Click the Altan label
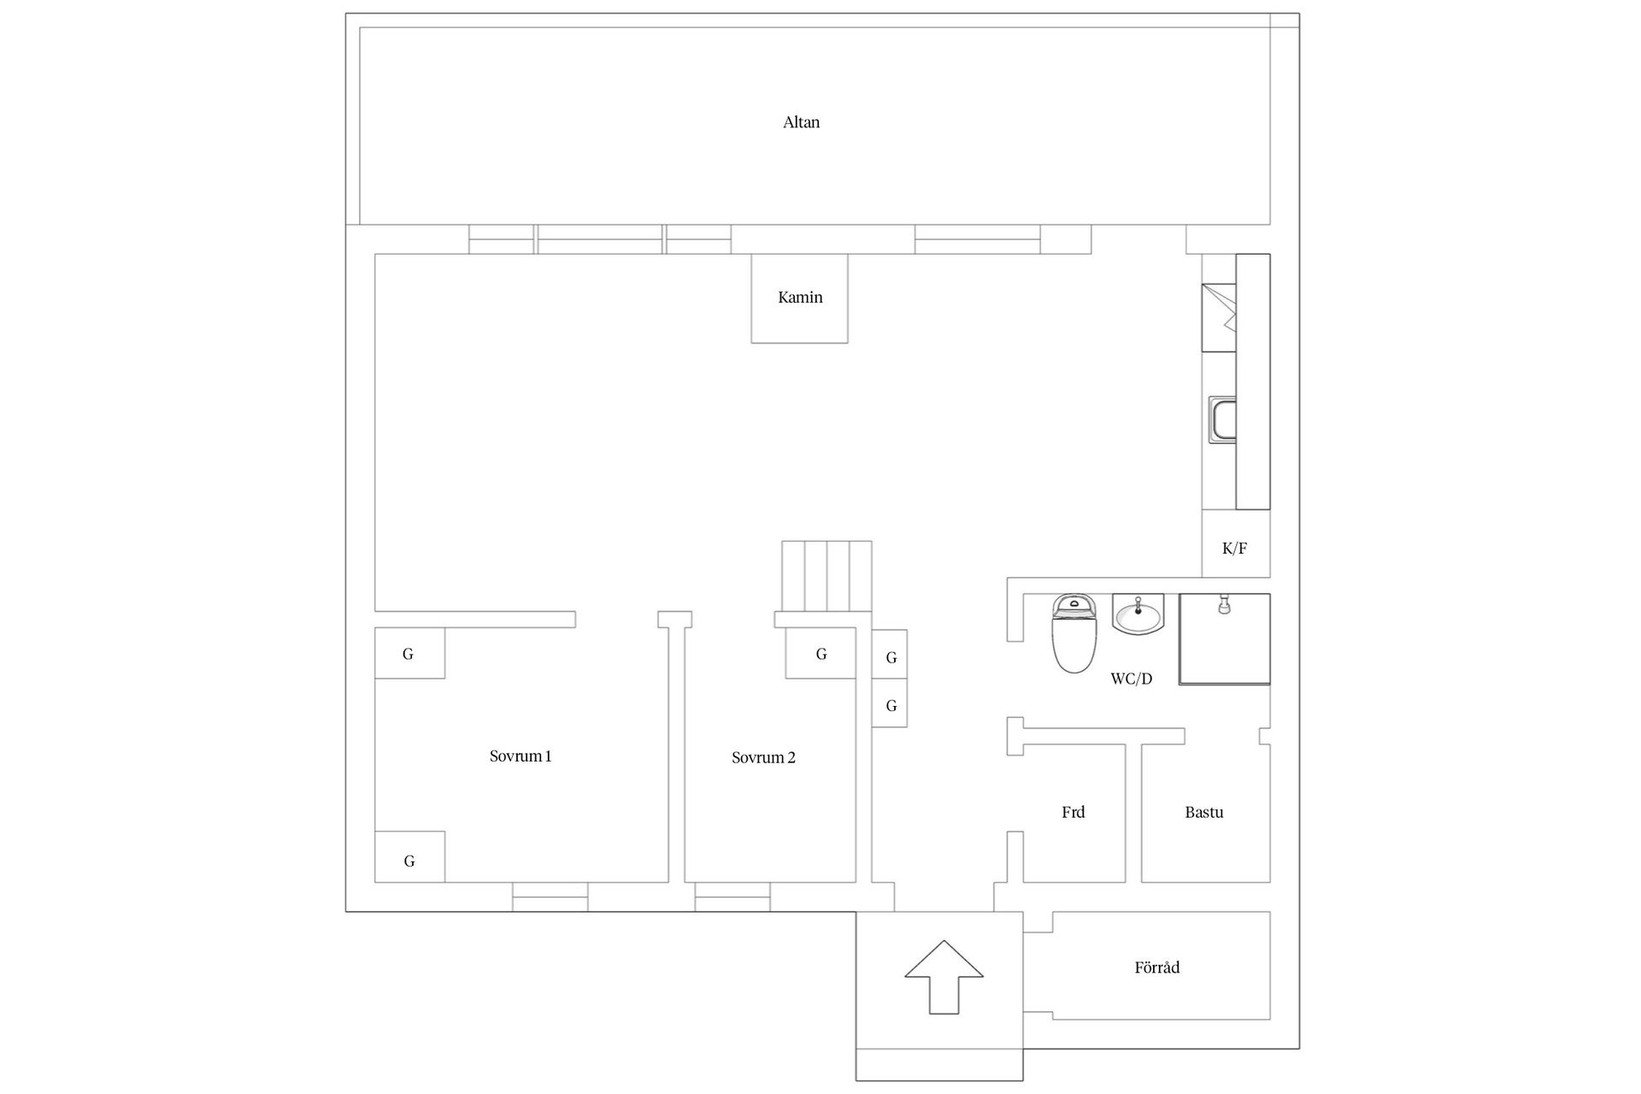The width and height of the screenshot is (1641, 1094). tap(801, 122)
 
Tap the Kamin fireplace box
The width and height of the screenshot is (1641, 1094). tap(799, 298)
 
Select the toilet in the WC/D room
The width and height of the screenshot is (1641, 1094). tap(1073, 634)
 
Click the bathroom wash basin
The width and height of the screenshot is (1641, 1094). tap(1138, 615)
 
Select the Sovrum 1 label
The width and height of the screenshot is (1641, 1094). tap(520, 756)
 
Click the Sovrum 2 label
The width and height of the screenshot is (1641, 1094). tap(763, 758)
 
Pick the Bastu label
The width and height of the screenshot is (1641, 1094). tap(1203, 813)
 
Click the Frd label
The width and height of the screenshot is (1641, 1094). tap(1073, 813)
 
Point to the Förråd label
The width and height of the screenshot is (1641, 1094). tap(1156, 968)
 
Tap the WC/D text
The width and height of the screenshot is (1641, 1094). tap(1131, 679)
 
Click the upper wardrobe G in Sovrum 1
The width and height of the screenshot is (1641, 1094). tap(409, 654)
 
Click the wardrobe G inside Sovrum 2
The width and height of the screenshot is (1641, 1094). tap(820, 654)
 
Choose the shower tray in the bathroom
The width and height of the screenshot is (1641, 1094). tap(1224, 639)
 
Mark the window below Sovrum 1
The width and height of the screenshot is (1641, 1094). tap(550, 897)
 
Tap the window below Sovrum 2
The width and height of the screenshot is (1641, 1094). tap(732, 897)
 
